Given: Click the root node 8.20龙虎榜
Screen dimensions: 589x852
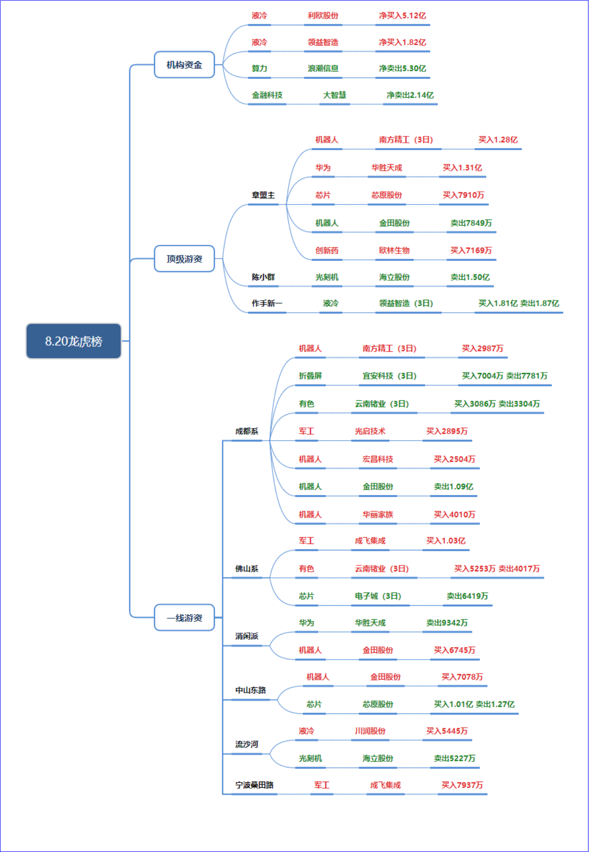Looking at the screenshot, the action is [73, 341].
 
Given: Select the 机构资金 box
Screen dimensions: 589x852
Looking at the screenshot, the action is [184, 65].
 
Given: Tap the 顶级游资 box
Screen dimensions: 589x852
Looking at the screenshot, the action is [184, 259].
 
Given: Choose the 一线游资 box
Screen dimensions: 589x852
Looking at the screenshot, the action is [184, 618].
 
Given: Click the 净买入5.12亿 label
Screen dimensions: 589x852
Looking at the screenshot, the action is [402, 16].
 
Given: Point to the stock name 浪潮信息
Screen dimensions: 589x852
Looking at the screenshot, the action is [323, 68].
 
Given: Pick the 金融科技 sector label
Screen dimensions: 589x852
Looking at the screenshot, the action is [267, 95].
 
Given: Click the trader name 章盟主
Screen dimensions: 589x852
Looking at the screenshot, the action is [263, 195].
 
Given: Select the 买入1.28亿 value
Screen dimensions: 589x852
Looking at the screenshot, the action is [498, 140].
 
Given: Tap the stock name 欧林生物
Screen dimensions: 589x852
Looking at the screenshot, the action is [394, 251].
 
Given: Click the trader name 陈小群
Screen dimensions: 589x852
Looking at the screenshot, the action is [263, 277].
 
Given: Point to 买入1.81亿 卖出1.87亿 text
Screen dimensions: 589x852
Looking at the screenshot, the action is [519, 304].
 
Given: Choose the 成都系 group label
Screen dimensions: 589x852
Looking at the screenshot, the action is [246, 431].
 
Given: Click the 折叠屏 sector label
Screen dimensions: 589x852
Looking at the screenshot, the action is [310, 376].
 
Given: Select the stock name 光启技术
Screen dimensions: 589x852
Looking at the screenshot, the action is [370, 431].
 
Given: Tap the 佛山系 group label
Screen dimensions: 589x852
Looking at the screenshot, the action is [246, 569].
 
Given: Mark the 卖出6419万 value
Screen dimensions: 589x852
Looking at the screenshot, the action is [467, 596].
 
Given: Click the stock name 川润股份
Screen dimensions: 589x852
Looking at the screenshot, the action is [370, 731].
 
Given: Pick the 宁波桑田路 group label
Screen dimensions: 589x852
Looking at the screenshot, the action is [254, 785].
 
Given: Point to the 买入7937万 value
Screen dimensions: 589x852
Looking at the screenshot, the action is [462, 785].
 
